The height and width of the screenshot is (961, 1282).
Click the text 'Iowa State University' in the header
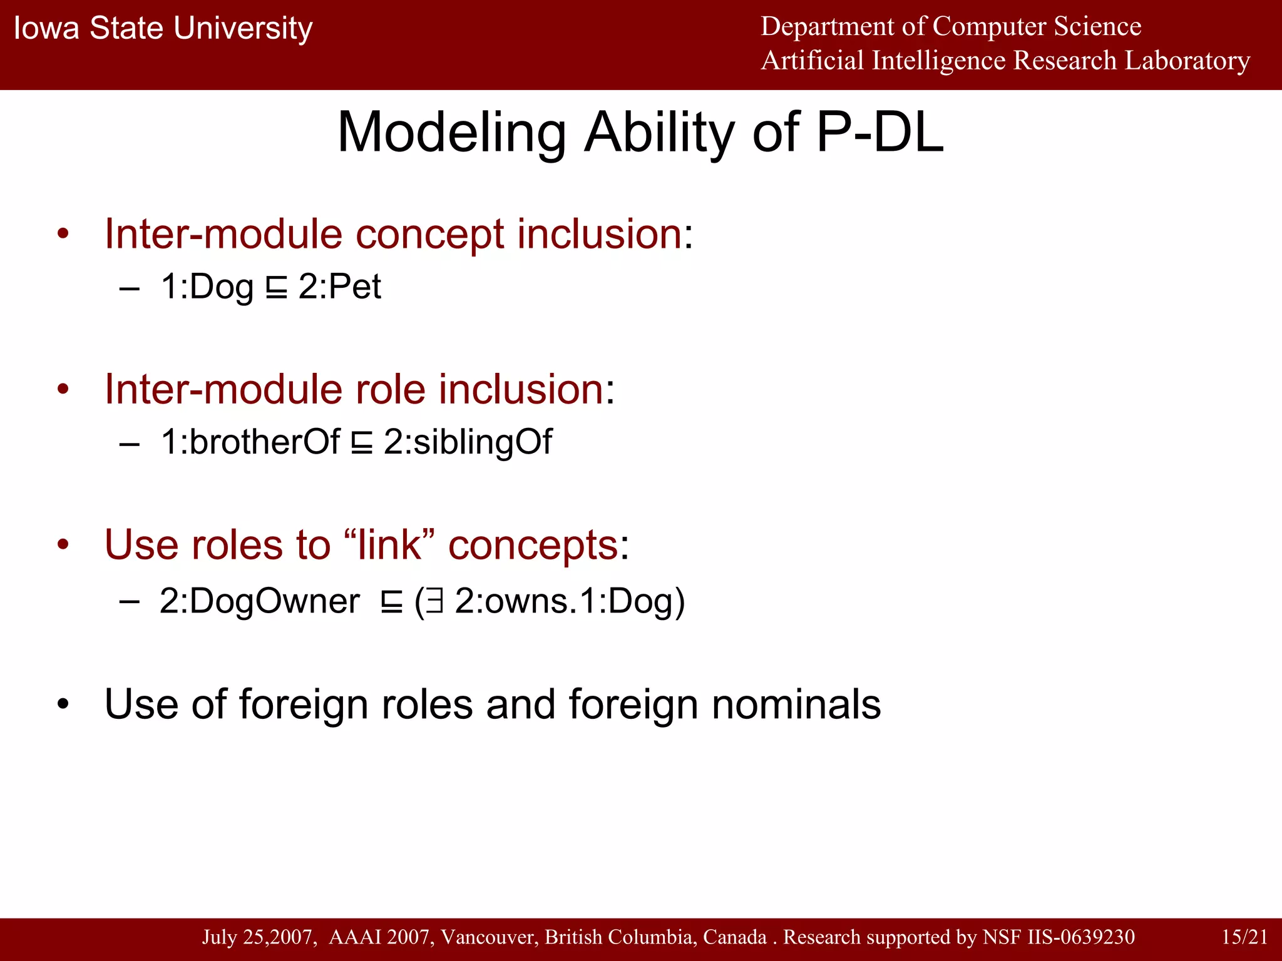pos(163,29)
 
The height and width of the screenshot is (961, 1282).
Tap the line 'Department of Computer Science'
pos(950,26)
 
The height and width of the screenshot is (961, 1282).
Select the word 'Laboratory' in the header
pos(1187,61)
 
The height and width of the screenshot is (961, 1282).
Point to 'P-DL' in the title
pos(880,132)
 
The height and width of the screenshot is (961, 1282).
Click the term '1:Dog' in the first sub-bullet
pos(207,287)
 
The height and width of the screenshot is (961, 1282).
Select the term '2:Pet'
pos(340,287)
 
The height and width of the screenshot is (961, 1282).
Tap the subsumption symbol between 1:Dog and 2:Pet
pos(276,289)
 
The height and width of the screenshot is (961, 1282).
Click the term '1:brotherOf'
pos(250,442)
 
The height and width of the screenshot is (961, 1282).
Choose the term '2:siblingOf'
pos(468,442)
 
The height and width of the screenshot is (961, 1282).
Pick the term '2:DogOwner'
pos(259,601)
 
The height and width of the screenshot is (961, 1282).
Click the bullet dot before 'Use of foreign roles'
pos(63,705)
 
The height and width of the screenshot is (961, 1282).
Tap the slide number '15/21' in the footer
pos(1244,937)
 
